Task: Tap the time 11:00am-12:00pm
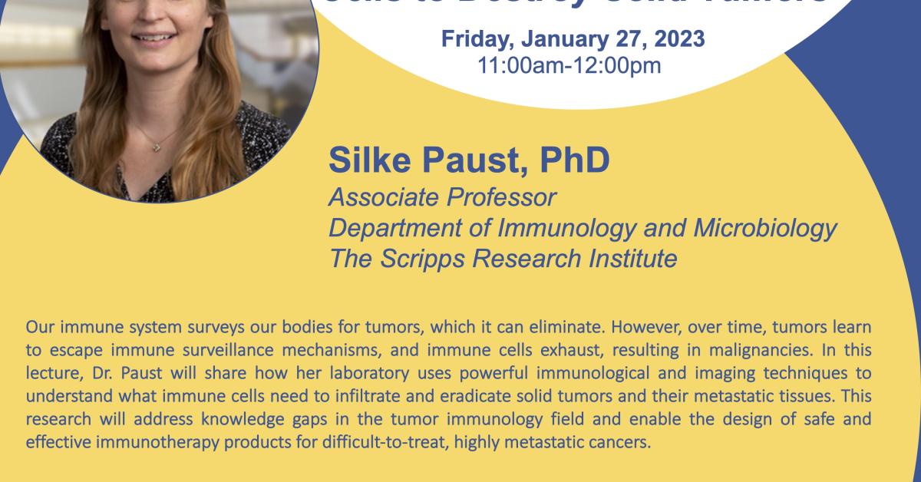tap(569, 64)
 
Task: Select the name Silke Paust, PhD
tap(469, 160)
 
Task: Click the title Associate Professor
tap(441, 197)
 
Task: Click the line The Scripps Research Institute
tap(503, 259)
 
